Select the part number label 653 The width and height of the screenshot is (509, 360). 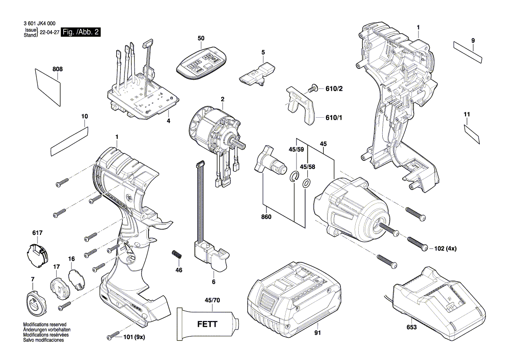411,326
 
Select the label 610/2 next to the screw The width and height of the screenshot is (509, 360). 334,89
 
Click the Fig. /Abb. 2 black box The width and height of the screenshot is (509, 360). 81,33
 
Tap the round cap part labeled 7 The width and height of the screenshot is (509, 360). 34,301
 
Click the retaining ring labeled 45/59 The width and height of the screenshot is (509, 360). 295,176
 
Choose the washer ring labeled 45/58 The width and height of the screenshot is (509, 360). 306,183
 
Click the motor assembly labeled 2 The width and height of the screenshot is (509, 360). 213,131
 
